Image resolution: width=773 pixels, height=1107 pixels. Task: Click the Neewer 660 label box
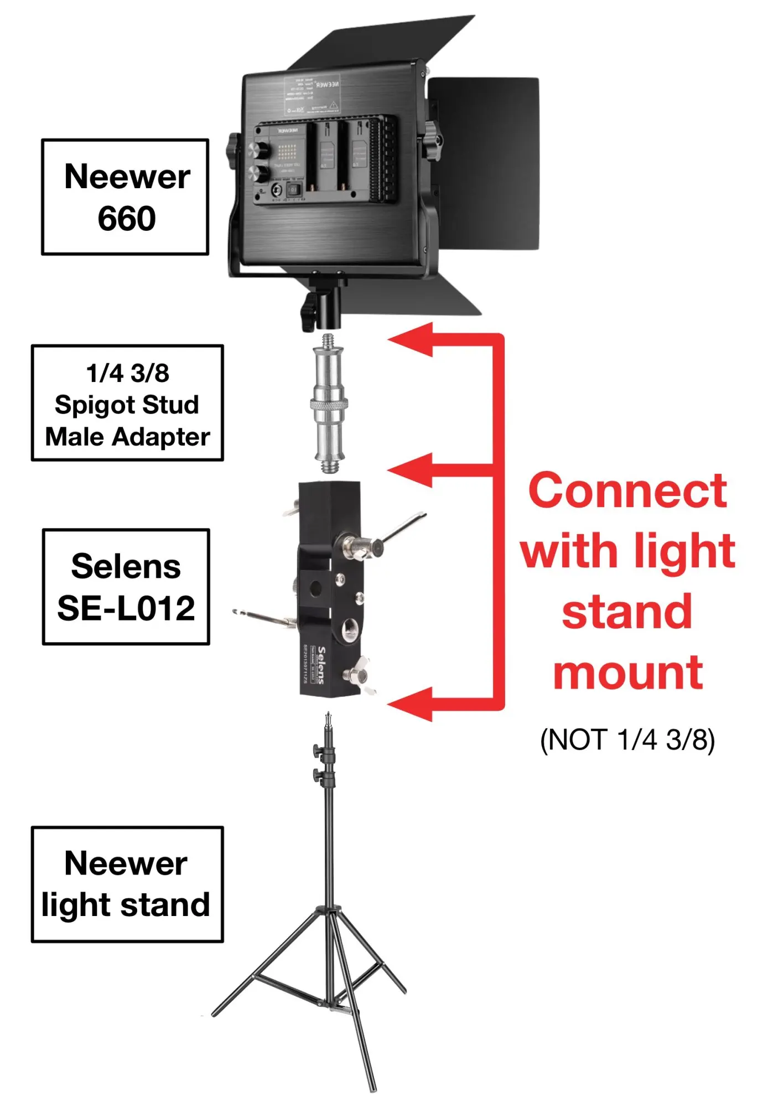pos(125,197)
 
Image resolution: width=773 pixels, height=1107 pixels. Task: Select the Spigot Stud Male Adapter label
pos(127,403)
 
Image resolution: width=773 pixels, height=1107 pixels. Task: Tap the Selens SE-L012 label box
pos(126,587)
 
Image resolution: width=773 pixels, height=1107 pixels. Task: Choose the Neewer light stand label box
pos(127,884)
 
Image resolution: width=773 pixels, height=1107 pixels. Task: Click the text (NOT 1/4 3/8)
pos(627,739)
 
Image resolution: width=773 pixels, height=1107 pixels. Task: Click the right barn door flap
pos(484,163)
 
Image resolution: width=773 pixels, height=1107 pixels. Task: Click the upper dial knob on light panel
pos(257,150)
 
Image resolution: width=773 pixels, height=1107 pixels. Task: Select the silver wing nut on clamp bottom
pos(357,673)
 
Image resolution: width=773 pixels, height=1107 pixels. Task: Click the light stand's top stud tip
pos(329,720)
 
